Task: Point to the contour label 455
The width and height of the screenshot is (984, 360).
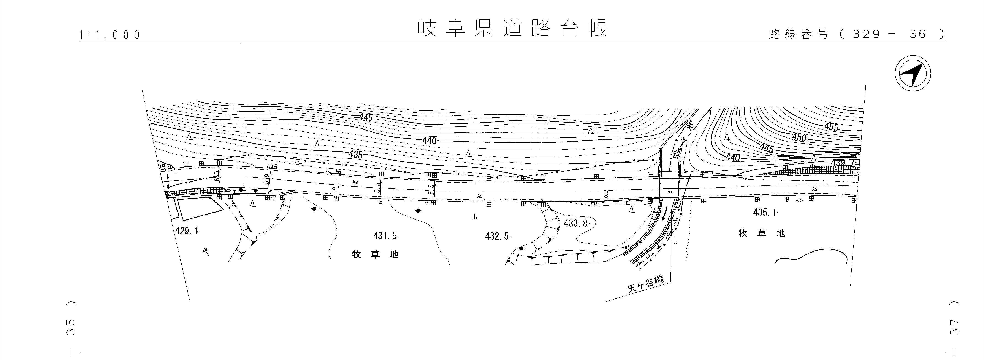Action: [x=831, y=126]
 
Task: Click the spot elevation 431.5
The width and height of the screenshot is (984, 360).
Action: [x=385, y=236]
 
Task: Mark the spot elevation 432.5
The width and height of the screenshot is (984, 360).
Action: [x=497, y=236]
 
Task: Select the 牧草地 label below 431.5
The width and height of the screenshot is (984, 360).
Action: [x=375, y=254]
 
